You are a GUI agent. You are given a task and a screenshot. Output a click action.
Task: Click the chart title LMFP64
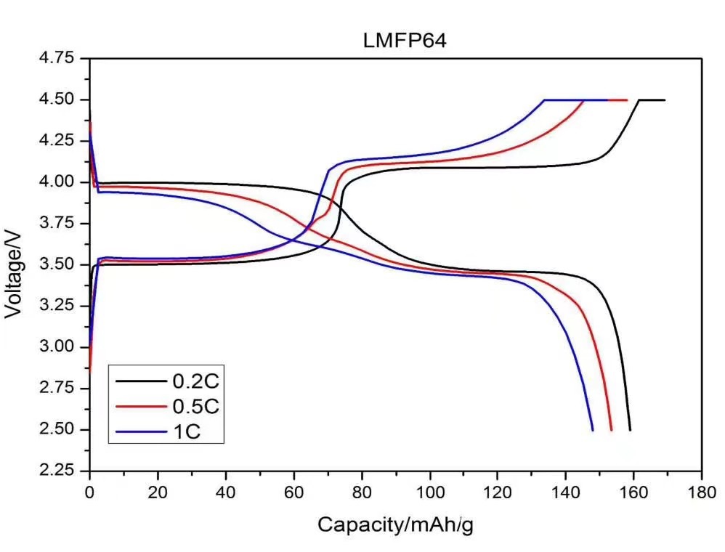click(405, 41)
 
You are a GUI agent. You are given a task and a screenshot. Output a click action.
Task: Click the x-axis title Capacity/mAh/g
click(395, 524)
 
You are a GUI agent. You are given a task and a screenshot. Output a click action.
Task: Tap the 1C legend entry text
click(185, 432)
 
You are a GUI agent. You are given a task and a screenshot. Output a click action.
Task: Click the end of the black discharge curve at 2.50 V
click(630, 430)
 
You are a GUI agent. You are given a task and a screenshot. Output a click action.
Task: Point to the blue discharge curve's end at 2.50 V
click(593, 430)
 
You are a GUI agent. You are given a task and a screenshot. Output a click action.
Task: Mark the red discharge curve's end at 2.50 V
click(612, 430)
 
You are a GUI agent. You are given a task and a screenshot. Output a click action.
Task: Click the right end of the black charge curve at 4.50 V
click(664, 100)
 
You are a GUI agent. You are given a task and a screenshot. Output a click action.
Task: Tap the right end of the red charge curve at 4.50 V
click(626, 100)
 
